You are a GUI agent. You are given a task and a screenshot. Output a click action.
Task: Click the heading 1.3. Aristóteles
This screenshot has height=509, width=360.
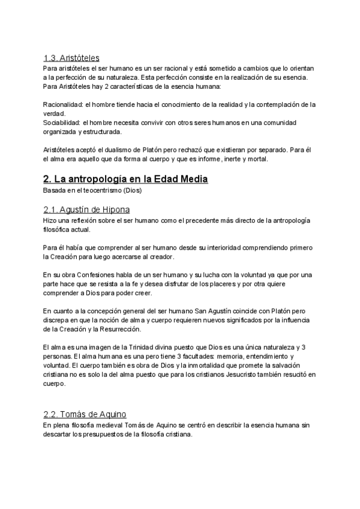pos(71,58)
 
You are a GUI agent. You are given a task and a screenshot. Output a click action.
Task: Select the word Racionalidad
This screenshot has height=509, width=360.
pos(62,104)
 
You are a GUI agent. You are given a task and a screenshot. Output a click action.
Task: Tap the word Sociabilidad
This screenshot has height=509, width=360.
pos(62,122)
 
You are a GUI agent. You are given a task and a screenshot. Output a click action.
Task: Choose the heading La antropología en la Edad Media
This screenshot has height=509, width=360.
pos(125,179)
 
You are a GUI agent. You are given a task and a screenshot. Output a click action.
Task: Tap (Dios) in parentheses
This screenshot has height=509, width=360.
pos(133,190)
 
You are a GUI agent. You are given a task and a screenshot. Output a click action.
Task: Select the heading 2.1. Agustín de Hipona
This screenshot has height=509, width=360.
pos(87,209)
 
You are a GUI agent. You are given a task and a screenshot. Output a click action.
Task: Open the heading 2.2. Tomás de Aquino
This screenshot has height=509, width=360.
pos(85,415)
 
